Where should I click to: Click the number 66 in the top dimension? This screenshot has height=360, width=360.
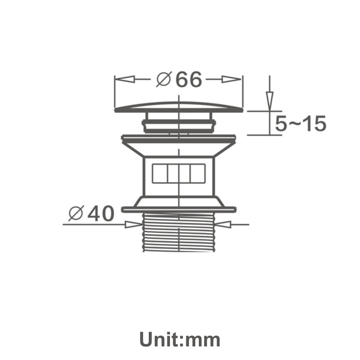189,79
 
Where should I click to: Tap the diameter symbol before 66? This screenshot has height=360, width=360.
164,79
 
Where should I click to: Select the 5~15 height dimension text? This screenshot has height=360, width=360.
300,123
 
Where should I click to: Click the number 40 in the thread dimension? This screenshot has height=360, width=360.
101,214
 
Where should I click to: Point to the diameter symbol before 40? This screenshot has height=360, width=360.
76,214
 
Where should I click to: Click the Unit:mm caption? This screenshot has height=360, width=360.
180,339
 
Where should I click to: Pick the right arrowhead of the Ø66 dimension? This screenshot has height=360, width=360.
231,79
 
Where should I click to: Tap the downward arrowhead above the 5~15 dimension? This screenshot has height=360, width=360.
270,101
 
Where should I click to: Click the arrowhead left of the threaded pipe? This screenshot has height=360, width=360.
133,225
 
